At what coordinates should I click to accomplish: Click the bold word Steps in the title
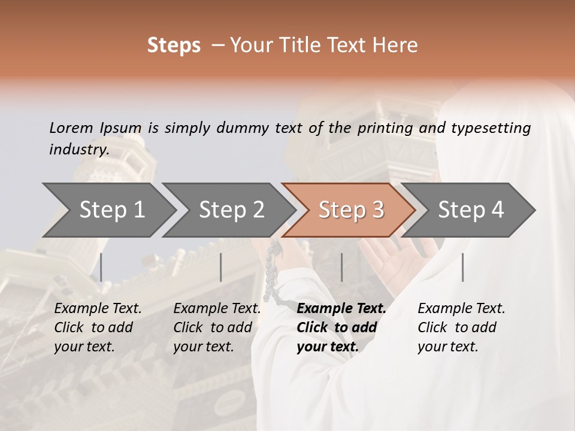[x=174, y=45]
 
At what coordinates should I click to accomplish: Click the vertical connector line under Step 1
[x=101, y=267]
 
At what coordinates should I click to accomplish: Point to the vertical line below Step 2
[x=221, y=267]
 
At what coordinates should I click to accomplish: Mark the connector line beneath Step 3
[x=341, y=267]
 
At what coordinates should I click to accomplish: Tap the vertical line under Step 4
[x=462, y=267]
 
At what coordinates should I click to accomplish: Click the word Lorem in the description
[x=71, y=128]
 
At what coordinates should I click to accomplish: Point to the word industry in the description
[x=78, y=149]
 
